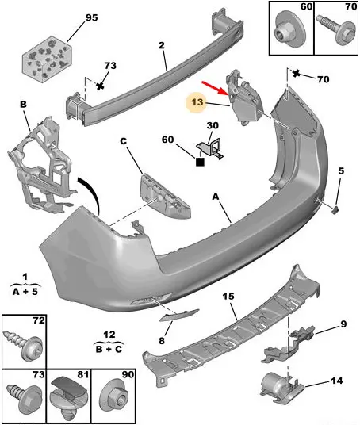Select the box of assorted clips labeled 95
point(47,59)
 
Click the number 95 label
point(92,17)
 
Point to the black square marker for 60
point(200,162)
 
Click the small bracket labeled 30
point(212,148)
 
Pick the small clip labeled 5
point(335,209)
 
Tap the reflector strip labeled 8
point(179,315)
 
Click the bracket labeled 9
point(287,344)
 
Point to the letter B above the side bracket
point(23,104)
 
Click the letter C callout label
point(124,141)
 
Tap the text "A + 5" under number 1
point(25,292)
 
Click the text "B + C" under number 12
point(109,349)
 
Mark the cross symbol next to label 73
point(100,86)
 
